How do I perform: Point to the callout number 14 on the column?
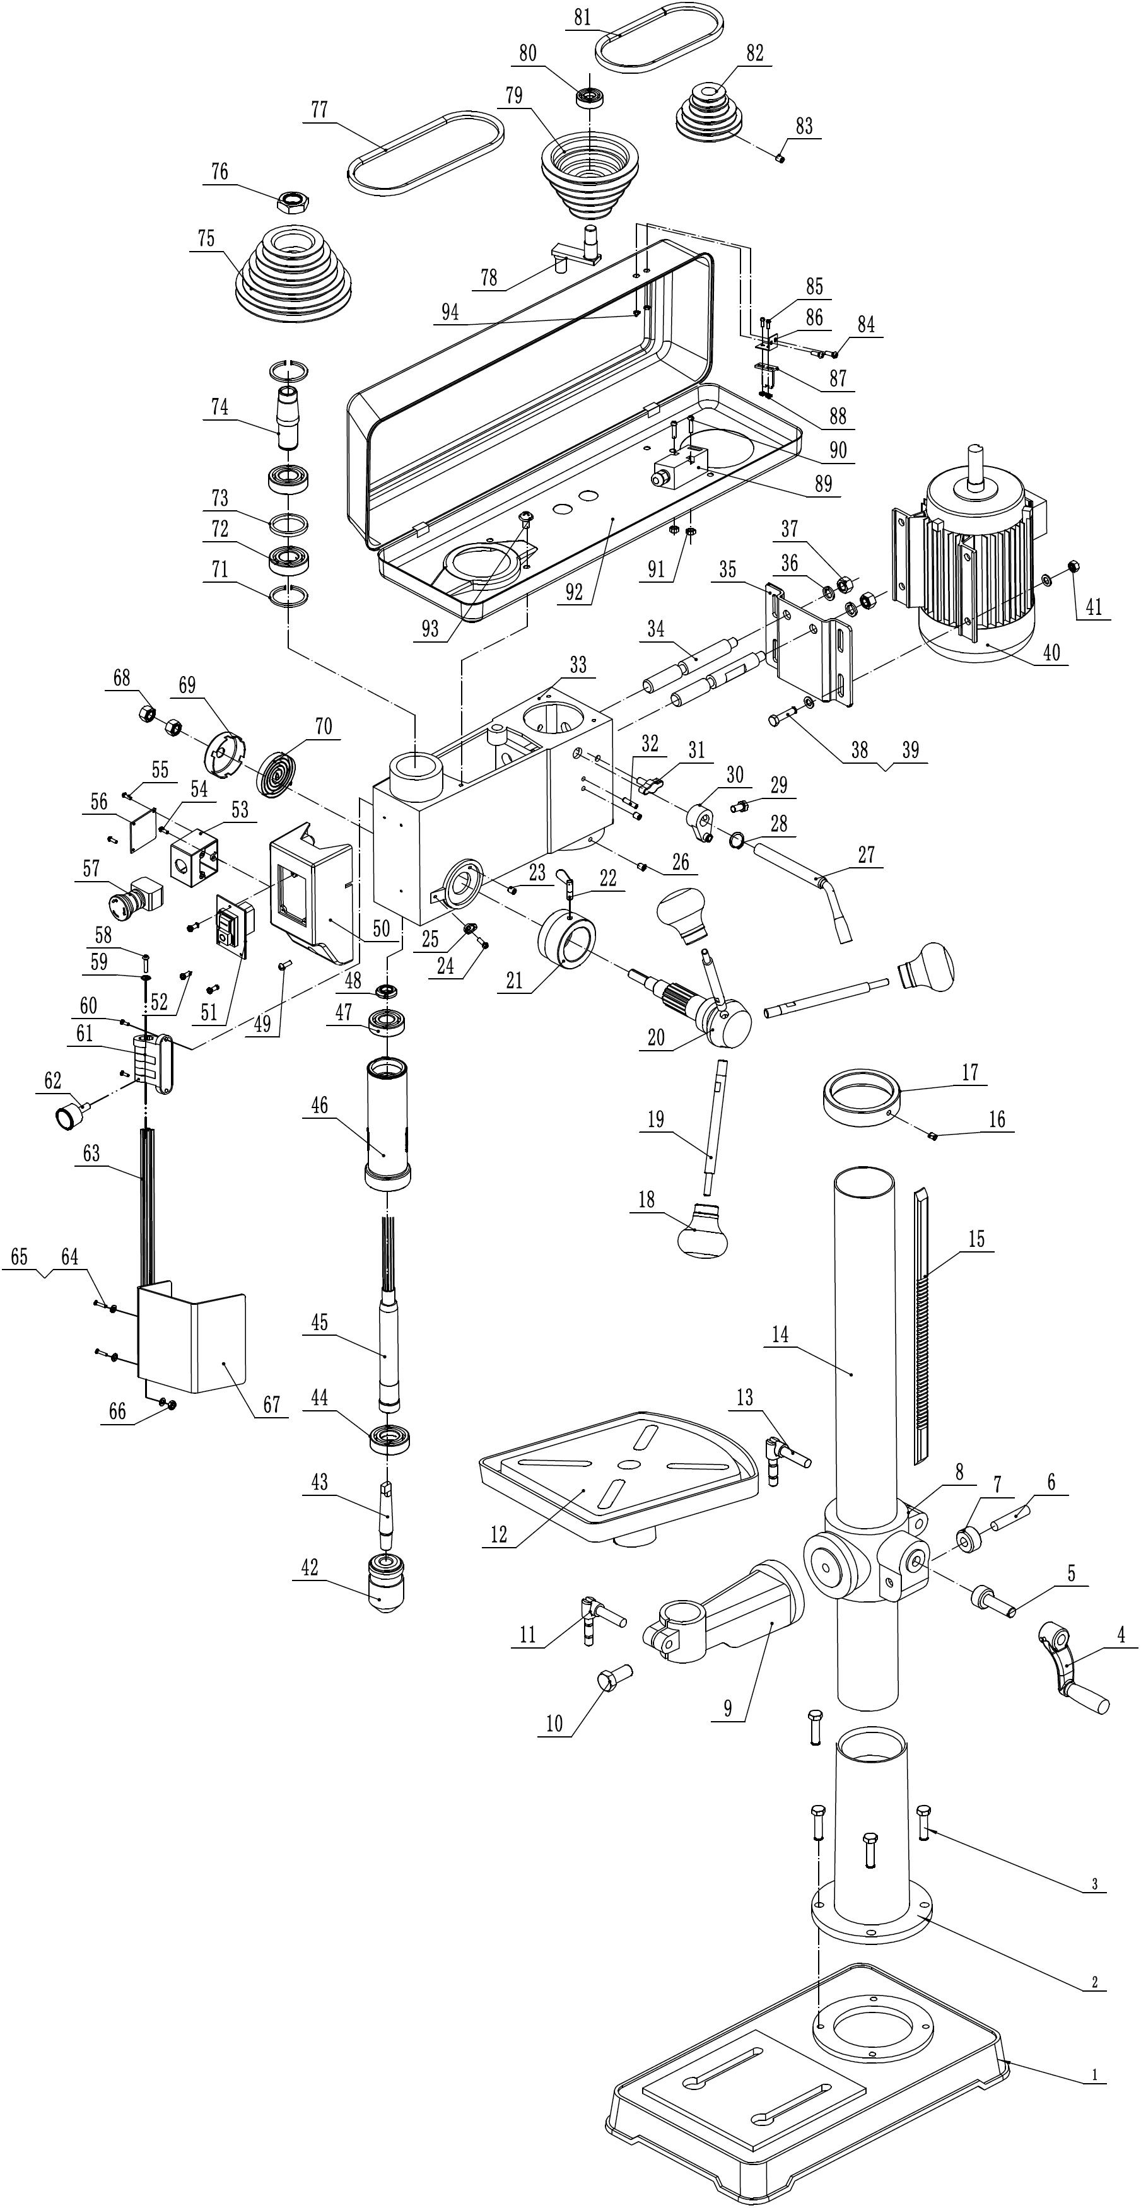tap(780, 1335)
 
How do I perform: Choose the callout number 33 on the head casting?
tap(578, 664)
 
